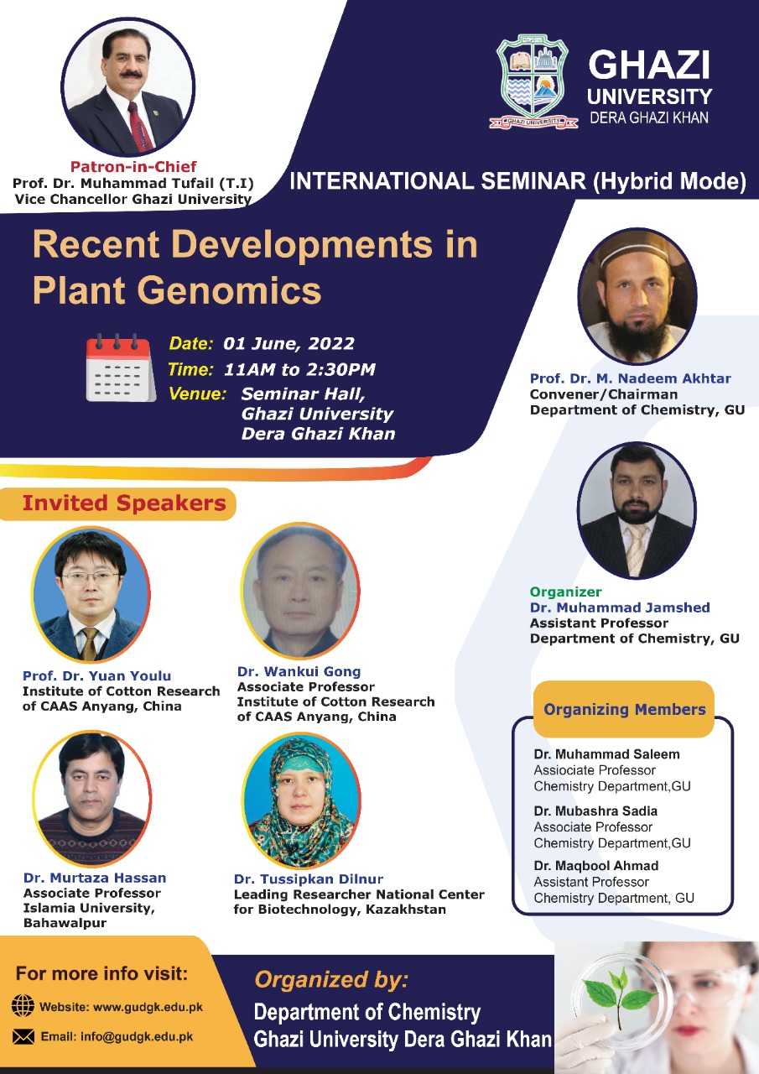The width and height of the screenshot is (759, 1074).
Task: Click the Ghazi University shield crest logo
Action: (x=533, y=82)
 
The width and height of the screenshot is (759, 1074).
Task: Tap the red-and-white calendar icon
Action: (x=121, y=368)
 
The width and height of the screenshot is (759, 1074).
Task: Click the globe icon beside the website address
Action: (x=23, y=1005)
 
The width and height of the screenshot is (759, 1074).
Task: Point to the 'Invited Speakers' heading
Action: (x=124, y=503)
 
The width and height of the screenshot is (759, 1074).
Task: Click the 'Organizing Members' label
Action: (x=624, y=709)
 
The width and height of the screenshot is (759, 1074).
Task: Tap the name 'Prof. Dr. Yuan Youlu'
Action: (x=96, y=675)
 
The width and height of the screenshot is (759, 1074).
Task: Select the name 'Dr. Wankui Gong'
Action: (x=299, y=672)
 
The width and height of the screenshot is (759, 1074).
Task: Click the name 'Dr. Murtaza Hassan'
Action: (x=95, y=878)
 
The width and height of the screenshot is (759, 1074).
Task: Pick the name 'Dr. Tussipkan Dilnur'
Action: (x=309, y=878)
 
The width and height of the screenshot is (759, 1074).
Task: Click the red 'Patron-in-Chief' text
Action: (x=133, y=166)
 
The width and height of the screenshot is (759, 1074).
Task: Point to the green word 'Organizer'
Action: (x=565, y=592)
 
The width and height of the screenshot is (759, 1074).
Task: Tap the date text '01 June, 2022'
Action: (x=289, y=344)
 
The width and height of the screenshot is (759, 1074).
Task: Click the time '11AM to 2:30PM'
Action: (x=299, y=369)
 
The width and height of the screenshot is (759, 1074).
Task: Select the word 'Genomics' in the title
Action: (x=230, y=290)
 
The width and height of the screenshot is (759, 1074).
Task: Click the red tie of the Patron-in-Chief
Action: (x=140, y=126)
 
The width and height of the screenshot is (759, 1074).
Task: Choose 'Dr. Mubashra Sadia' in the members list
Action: (x=595, y=811)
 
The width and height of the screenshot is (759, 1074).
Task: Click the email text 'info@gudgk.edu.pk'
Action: (x=137, y=1036)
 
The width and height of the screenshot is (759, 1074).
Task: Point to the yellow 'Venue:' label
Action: (x=197, y=394)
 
